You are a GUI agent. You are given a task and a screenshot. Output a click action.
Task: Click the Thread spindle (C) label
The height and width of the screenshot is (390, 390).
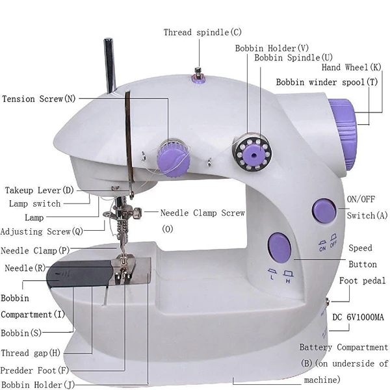point(202,32)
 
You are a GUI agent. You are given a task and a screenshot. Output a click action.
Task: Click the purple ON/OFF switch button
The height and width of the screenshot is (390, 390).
point(324,211)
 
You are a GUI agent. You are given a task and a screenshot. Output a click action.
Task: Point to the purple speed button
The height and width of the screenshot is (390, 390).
point(279,247)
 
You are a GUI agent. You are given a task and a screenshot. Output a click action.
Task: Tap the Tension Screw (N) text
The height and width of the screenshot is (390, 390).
point(39,99)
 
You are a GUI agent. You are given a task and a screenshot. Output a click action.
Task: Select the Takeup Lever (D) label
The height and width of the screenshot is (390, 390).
point(40,190)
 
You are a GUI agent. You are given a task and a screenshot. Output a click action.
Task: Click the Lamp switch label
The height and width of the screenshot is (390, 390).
point(35,203)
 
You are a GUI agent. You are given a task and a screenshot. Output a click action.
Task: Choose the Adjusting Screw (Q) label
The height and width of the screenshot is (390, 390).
point(42,232)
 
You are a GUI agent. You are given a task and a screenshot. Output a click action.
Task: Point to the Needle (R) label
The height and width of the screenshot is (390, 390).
point(25,268)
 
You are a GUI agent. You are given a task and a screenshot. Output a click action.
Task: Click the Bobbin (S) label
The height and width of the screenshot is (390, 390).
point(21,333)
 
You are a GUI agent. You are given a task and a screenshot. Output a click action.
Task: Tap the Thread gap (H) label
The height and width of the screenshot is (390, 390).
point(31,353)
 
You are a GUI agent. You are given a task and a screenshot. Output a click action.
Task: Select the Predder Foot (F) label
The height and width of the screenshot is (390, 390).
point(34,370)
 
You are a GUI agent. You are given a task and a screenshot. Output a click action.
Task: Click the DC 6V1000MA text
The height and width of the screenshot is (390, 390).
point(358,317)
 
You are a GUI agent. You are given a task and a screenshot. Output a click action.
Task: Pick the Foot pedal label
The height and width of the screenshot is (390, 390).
point(363,281)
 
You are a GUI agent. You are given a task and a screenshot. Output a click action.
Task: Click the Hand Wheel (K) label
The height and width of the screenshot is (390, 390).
point(352,68)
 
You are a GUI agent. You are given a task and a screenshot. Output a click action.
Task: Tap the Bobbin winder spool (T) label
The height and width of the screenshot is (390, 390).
point(327,83)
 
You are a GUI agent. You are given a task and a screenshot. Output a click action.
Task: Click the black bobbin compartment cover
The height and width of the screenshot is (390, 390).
point(79,274)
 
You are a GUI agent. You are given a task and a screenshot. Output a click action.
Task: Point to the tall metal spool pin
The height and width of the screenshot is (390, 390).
point(110,66)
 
